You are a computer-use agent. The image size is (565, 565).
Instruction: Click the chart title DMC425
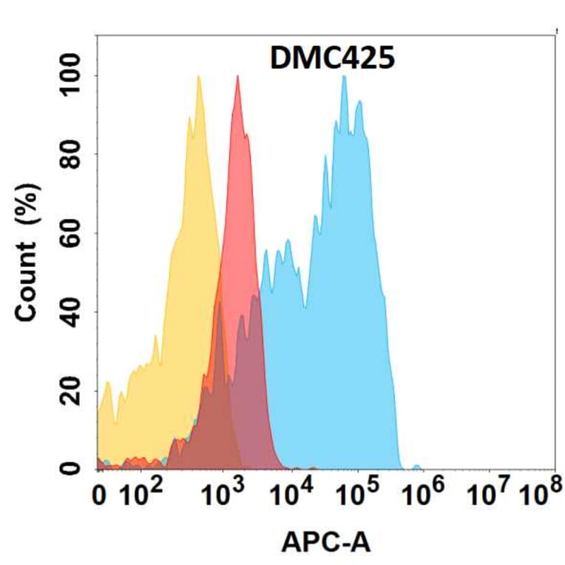[332, 57]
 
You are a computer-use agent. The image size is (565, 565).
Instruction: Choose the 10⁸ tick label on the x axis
[539, 491]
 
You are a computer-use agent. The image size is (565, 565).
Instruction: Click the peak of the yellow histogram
[198, 76]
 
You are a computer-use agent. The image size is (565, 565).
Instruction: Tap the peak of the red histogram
[237, 76]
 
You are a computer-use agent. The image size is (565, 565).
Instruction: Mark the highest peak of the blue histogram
[344, 76]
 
